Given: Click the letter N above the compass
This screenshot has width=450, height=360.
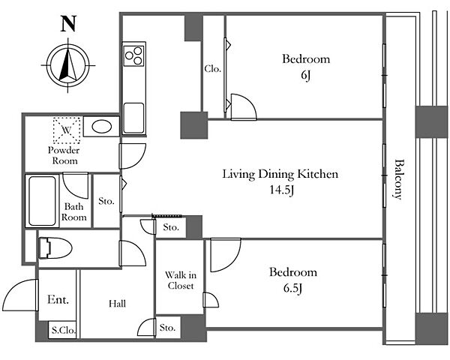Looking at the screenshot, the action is (68, 24).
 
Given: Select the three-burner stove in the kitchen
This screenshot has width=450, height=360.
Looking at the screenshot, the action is (133, 55).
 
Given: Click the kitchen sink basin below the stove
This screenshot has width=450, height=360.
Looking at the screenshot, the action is (133, 118).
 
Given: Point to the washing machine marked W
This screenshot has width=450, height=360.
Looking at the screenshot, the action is (67, 130).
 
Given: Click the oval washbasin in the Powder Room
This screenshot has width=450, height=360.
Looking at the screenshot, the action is (101, 127).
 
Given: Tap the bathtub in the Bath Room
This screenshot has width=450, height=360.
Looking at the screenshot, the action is (42, 201).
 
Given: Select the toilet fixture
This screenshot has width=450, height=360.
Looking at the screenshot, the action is (55, 248).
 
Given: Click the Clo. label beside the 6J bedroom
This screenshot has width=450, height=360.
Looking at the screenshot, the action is (213, 69).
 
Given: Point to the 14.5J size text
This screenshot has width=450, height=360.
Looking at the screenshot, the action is (281, 190).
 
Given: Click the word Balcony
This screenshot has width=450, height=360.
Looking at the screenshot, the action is (398, 179).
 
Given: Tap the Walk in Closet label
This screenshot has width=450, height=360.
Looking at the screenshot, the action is (181, 280).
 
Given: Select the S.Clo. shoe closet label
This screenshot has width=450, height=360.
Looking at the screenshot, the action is (64, 330).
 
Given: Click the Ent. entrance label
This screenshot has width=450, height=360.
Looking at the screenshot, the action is (58, 300).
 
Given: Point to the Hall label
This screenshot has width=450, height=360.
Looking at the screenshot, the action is (118, 304).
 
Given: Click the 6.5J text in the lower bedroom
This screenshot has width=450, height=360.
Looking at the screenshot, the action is (292, 289).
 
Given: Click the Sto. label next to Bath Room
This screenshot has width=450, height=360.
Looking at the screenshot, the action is (106, 201).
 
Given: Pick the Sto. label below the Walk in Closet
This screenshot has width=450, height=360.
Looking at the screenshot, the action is (167, 328).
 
